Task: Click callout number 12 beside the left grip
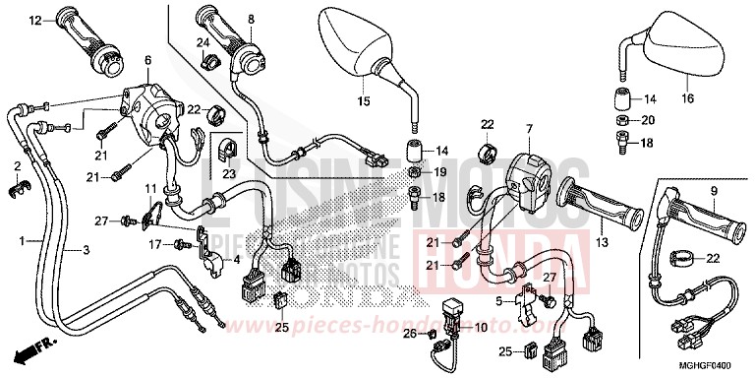pyautogui.click(x=35, y=21)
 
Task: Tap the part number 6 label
pyautogui.click(x=147, y=61)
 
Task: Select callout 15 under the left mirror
pyautogui.click(x=362, y=101)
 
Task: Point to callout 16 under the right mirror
pyautogui.click(x=686, y=98)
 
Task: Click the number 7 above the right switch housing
pyautogui.click(x=528, y=128)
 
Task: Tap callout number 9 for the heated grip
pyautogui.click(x=715, y=191)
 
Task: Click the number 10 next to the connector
pyautogui.click(x=482, y=327)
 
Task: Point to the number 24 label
pyautogui.click(x=202, y=41)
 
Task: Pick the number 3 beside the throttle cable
pyautogui.click(x=86, y=250)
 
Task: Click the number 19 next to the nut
pyautogui.click(x=441, y=172)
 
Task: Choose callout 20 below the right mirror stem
pyautogui.click(x=647, y=120)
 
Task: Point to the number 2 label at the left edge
pyautogui.click(x=17, y=165)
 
